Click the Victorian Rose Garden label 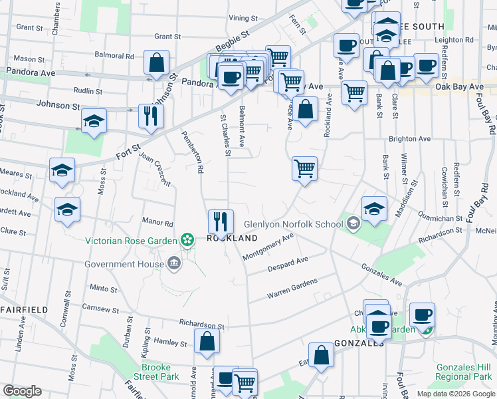point(130,240)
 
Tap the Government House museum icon point(173,264)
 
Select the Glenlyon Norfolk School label point(292,224)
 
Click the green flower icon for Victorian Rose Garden point(187,239)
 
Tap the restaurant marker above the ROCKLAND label point(221,220)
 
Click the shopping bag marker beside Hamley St point(207,341)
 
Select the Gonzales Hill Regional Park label point(462,372)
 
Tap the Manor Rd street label point(157,223)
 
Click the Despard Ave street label point(287,264)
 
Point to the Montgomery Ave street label point(268,247)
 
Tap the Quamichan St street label point(441,218)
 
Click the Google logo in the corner point(23,390)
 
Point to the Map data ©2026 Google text point(456,394)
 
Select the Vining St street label point(242,18)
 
